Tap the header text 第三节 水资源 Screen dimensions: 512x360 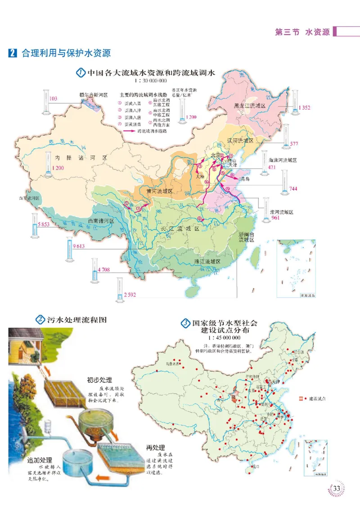point(302,32)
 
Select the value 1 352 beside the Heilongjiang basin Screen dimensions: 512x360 point(305,108)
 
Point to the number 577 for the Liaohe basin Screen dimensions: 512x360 point(294,144)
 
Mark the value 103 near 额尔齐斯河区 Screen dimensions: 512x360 point(53,99)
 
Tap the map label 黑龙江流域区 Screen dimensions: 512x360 point(250,106)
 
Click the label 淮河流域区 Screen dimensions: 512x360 point(282,212)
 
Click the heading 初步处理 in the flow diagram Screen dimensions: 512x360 point(99,379)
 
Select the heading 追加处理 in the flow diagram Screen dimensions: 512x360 point(40,461)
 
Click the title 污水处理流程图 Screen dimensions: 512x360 point(77,320)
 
